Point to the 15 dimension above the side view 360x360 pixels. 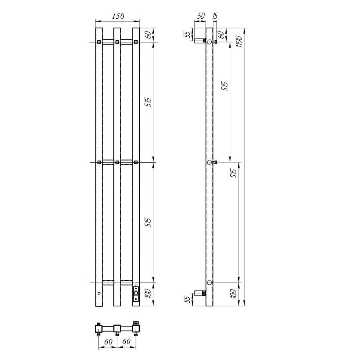click(x=215, y=17)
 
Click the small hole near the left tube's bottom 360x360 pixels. click(x=98, y=294)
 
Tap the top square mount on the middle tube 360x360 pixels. click(x=117, y=42)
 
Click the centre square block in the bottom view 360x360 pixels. click(x=117, y=328)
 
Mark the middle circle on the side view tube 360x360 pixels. click(x=209, y=162)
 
